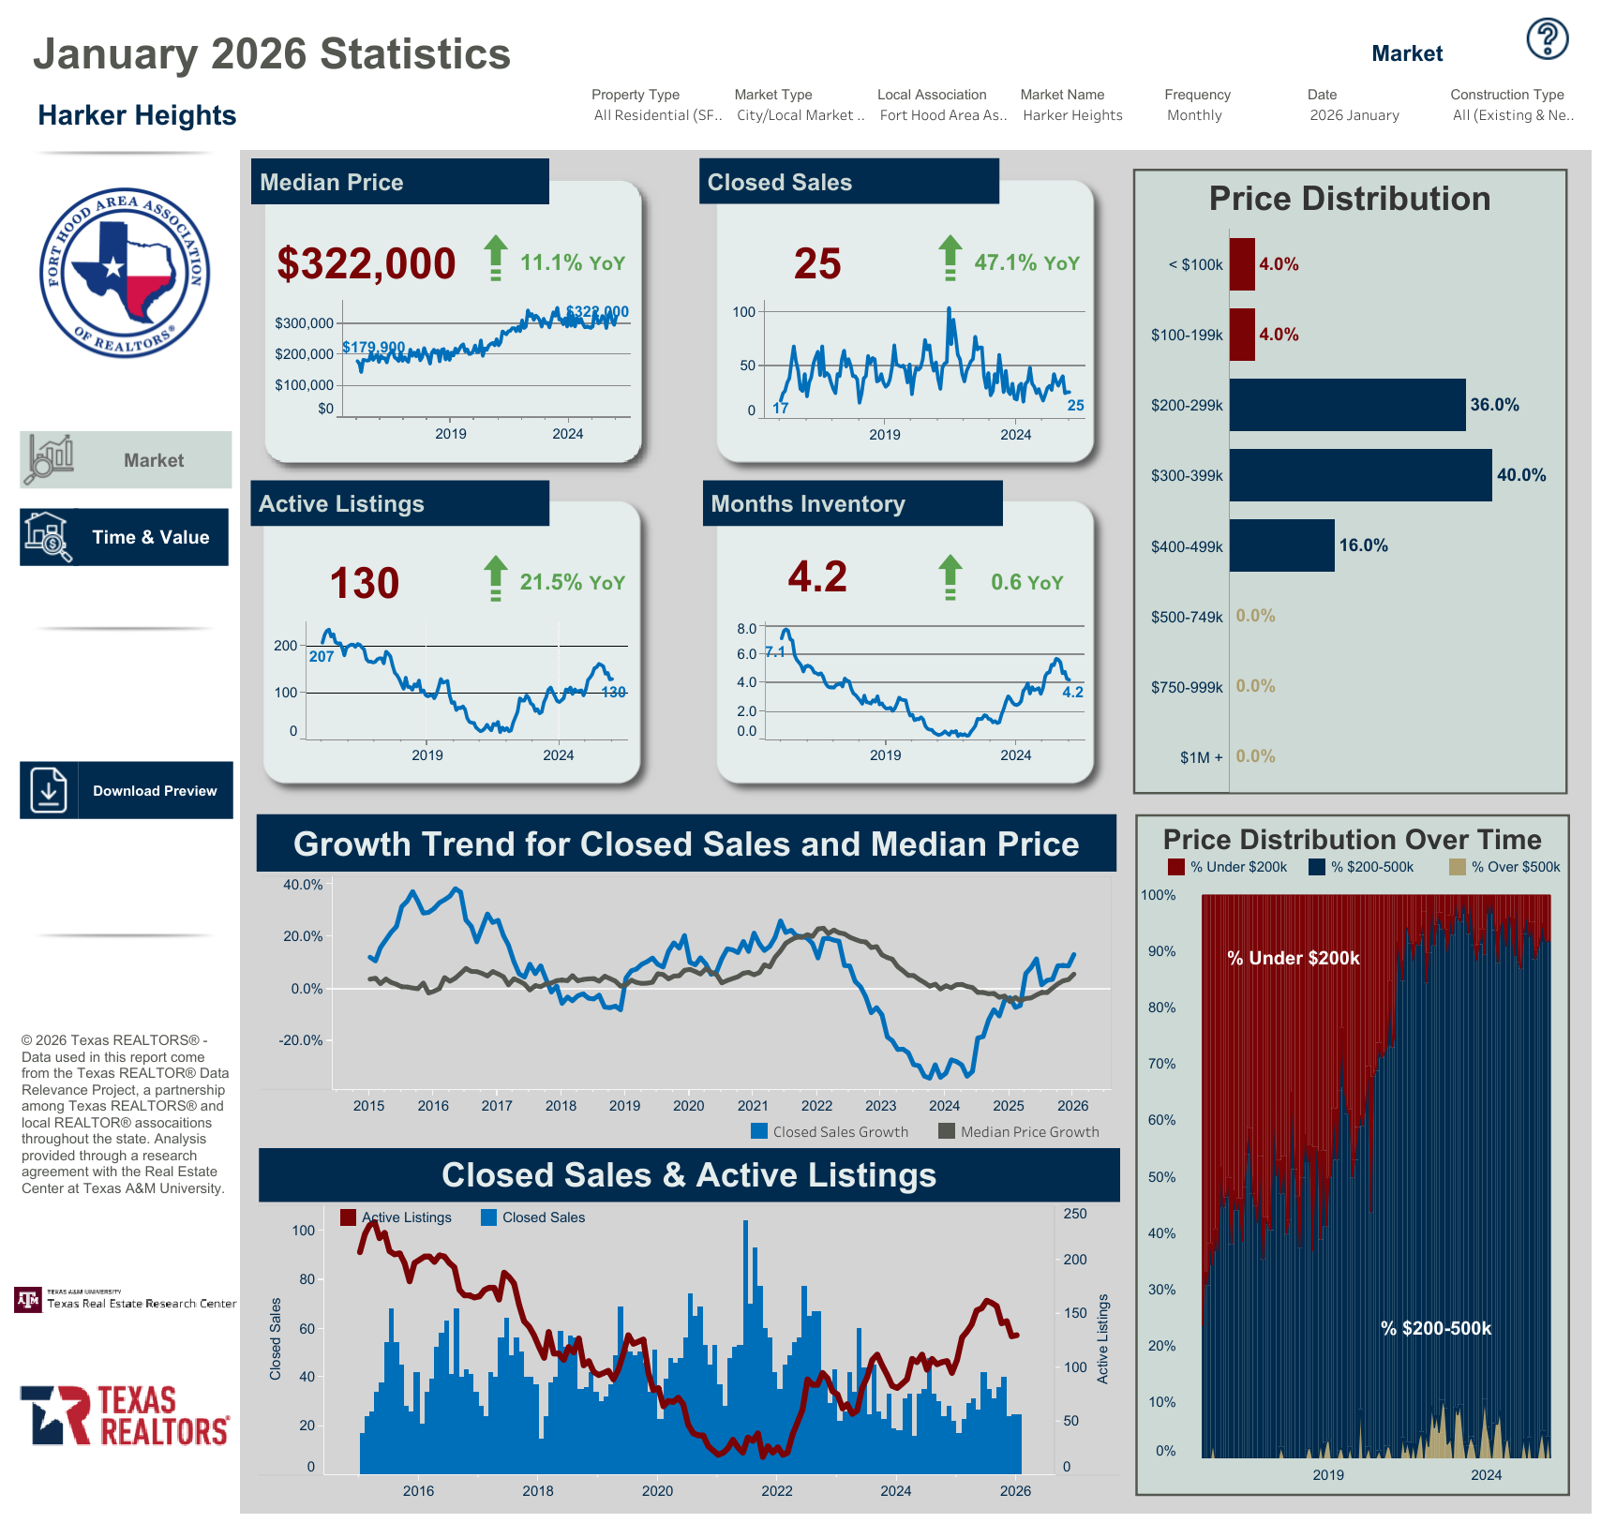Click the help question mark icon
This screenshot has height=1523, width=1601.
(x=1547, y=39)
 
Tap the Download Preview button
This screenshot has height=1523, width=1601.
(x=127, y=790)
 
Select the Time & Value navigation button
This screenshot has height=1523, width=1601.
(x=125, y=537)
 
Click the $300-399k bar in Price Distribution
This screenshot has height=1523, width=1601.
(x=1360, y=475)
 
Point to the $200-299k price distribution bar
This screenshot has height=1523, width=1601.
(x=1347, y=405)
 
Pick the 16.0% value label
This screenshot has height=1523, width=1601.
(x=1363, y=545)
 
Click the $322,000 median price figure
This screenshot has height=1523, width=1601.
(x=366, y=263)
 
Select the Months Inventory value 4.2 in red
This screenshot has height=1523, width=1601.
(x=817, y=576)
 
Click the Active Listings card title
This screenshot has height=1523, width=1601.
(x=342, y=504)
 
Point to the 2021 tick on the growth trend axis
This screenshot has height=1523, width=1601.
(x=753, y=1106)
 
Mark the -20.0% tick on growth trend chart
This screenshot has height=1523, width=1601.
(x=301, y=1040)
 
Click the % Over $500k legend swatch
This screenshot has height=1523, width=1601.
(x=1457, y=867)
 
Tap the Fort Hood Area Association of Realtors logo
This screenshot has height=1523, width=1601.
(x=125, y=273)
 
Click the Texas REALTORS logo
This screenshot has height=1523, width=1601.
(x=125, y=1415)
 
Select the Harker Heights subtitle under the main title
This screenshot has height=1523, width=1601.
(x=137, y=115)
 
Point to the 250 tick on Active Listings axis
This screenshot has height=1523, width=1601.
(x=1075, y=1214)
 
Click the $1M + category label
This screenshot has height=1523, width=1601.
(x=1201, y=757)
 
